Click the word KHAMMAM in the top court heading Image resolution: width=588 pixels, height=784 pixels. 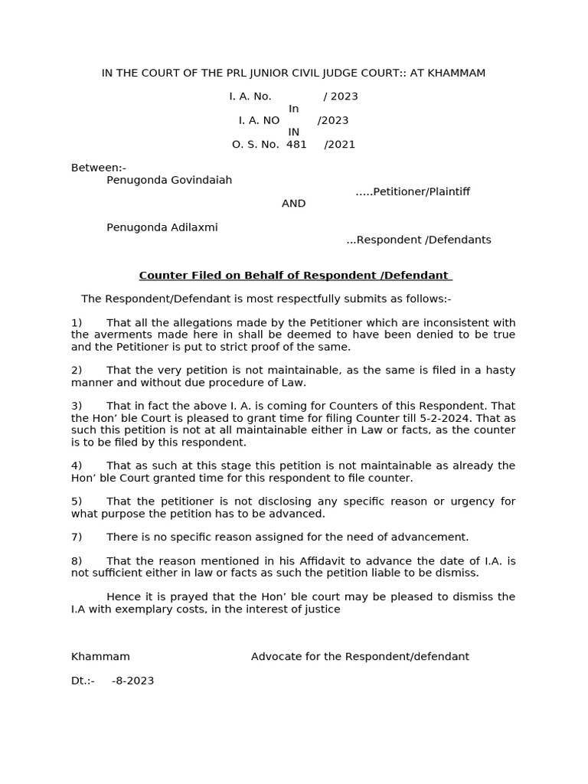(456, 73)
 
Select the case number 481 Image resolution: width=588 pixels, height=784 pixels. (296, 144)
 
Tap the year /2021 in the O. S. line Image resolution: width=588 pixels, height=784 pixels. (339, 144)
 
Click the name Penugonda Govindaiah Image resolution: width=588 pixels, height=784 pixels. (169, 180)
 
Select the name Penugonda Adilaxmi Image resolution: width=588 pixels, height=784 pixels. (162, 227)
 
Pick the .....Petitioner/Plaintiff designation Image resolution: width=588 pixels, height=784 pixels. (413, 191)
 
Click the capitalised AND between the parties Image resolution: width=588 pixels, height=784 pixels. (293, 204)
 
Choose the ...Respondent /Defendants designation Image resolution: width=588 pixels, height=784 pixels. (419, 240)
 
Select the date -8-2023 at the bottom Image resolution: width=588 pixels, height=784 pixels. (132, 681)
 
